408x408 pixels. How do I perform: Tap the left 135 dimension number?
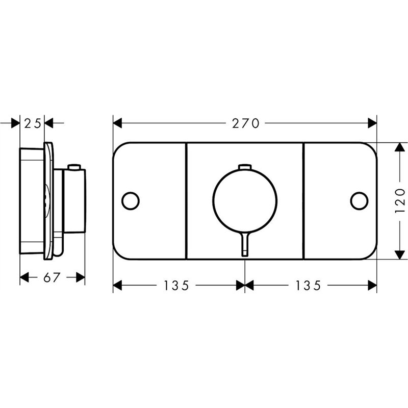click(x=176, y=286)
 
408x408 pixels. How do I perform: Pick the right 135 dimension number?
click(x=307, y=286)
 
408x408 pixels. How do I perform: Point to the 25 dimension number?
click(x=33, y=123)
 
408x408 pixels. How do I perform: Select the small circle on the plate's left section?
click(x=131, y=200)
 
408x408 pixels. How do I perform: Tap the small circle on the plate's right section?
click(x=359, y=200)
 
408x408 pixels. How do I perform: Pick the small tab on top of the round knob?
click(x=245, y=167)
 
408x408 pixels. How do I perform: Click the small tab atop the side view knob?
click(x=74, y=167)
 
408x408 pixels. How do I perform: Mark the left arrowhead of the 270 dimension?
click(x=117, y=123)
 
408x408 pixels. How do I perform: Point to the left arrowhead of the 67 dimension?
click(x=23, y=277)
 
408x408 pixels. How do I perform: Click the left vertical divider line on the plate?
click(x=186, y=200)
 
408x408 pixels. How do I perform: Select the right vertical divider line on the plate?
click(x=303, y=200)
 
